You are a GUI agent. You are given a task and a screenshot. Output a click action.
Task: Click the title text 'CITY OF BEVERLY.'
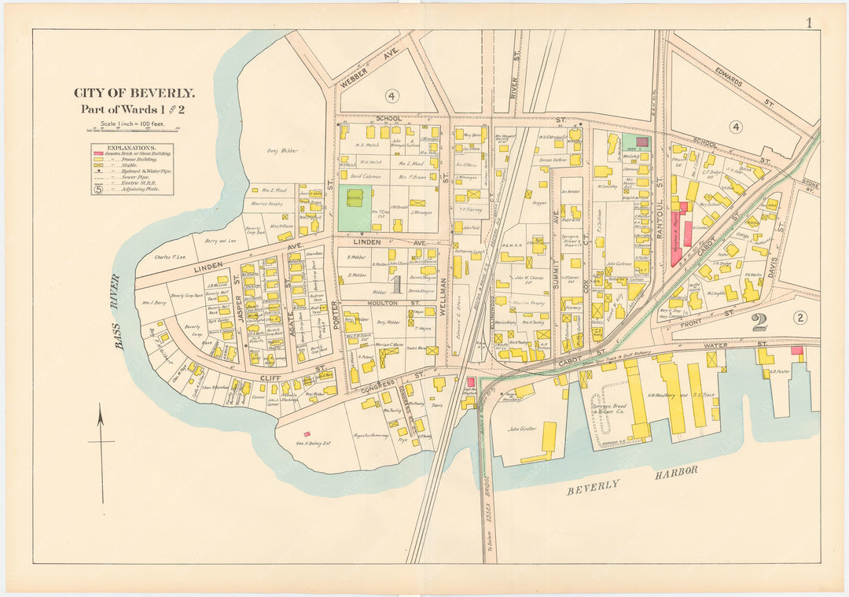[134, 93]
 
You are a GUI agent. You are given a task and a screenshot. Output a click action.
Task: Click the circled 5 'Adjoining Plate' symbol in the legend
[99, 189]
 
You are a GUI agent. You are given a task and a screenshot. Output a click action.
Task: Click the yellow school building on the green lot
[355, 197]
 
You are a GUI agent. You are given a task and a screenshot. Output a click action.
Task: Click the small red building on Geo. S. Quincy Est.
[307, 434]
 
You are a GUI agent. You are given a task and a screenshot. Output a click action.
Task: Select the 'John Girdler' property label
[521, 429]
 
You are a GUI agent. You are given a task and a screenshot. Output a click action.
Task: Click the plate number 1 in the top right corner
[808, 22]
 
